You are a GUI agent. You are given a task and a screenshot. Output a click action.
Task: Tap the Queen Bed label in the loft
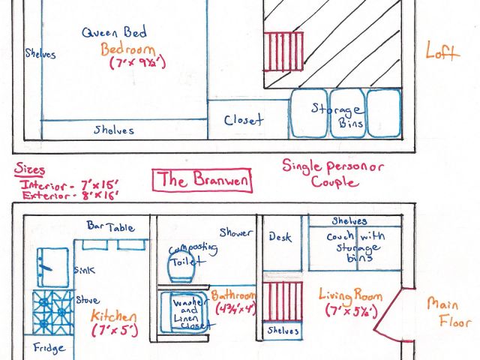[x=115, y=32]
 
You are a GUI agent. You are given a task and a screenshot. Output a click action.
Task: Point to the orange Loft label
[x=442, y=54]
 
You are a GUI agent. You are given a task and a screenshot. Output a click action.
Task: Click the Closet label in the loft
[x=244, y=119]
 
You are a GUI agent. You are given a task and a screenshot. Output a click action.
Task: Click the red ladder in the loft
[x=280, y=51]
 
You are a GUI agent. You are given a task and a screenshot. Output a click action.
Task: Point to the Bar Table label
[x=110, y=226]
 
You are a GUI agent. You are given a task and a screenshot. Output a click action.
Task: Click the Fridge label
[x=50, y=349]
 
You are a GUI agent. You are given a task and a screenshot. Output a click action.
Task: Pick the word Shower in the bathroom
[x=236, y=232]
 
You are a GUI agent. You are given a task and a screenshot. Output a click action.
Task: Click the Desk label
[x=280, y=237]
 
